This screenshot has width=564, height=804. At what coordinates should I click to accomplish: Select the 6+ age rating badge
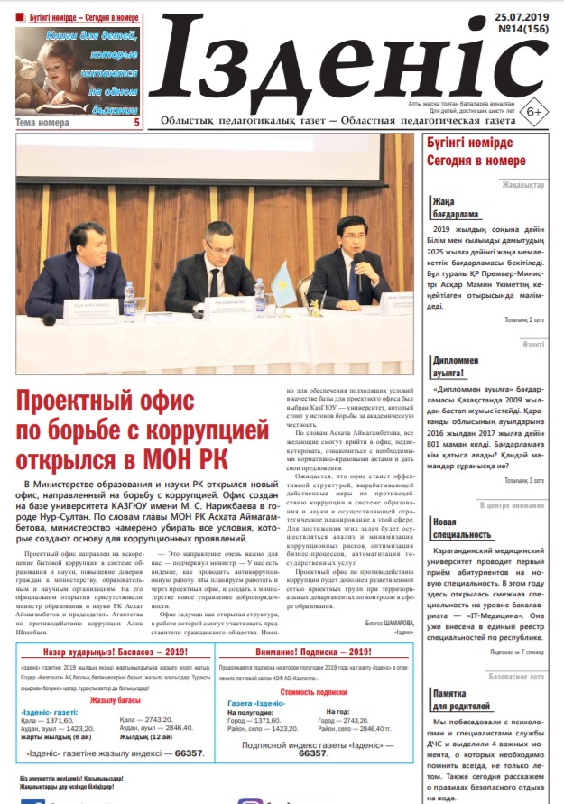533,111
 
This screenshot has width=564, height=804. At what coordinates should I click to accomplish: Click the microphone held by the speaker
358,262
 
